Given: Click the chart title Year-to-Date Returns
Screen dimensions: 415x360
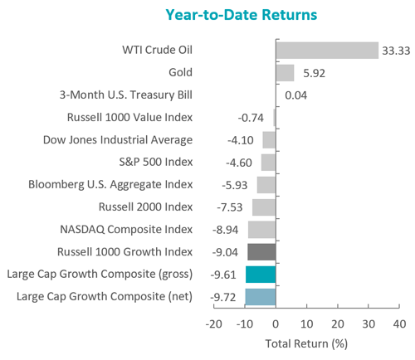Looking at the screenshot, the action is tap(242, 15).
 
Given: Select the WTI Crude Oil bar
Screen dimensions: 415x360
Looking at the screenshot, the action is tap(327, 51).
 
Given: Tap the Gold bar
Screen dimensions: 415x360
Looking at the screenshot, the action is tap(285, 73).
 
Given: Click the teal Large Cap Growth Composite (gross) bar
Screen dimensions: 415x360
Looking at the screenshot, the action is tap(261, 275).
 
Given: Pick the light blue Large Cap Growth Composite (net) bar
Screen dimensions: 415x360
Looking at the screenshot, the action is tap(261, 297).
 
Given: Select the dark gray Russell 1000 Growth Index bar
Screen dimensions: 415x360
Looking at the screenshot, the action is tap(261, 252).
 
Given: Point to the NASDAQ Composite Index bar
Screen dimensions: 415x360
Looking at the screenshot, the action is tap(261, 230).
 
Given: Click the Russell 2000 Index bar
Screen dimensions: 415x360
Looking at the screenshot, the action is tap(264, 207).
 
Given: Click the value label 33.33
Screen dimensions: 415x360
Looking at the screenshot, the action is tap(396, 51).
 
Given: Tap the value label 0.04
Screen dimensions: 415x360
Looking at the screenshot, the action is tap(295, 95).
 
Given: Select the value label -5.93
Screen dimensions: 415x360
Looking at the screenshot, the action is tap(235, 185).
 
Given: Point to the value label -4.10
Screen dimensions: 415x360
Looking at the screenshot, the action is tap(241, 140).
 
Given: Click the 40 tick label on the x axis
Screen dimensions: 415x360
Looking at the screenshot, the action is tap(399, 324).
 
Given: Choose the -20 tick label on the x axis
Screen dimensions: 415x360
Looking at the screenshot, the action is tap(214, 324).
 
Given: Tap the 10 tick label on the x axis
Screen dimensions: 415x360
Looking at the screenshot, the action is tap(306, 324).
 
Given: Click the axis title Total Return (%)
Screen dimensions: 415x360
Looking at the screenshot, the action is tap(306, 343).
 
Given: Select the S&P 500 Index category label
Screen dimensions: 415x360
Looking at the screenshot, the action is tap(156, 162).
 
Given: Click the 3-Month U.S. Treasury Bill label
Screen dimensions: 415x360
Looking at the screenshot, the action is tap(126, 95).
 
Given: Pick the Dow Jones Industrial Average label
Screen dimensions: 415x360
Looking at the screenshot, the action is tap(118, 140).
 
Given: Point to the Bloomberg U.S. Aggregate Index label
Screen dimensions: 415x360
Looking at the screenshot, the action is tap(110, 185).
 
